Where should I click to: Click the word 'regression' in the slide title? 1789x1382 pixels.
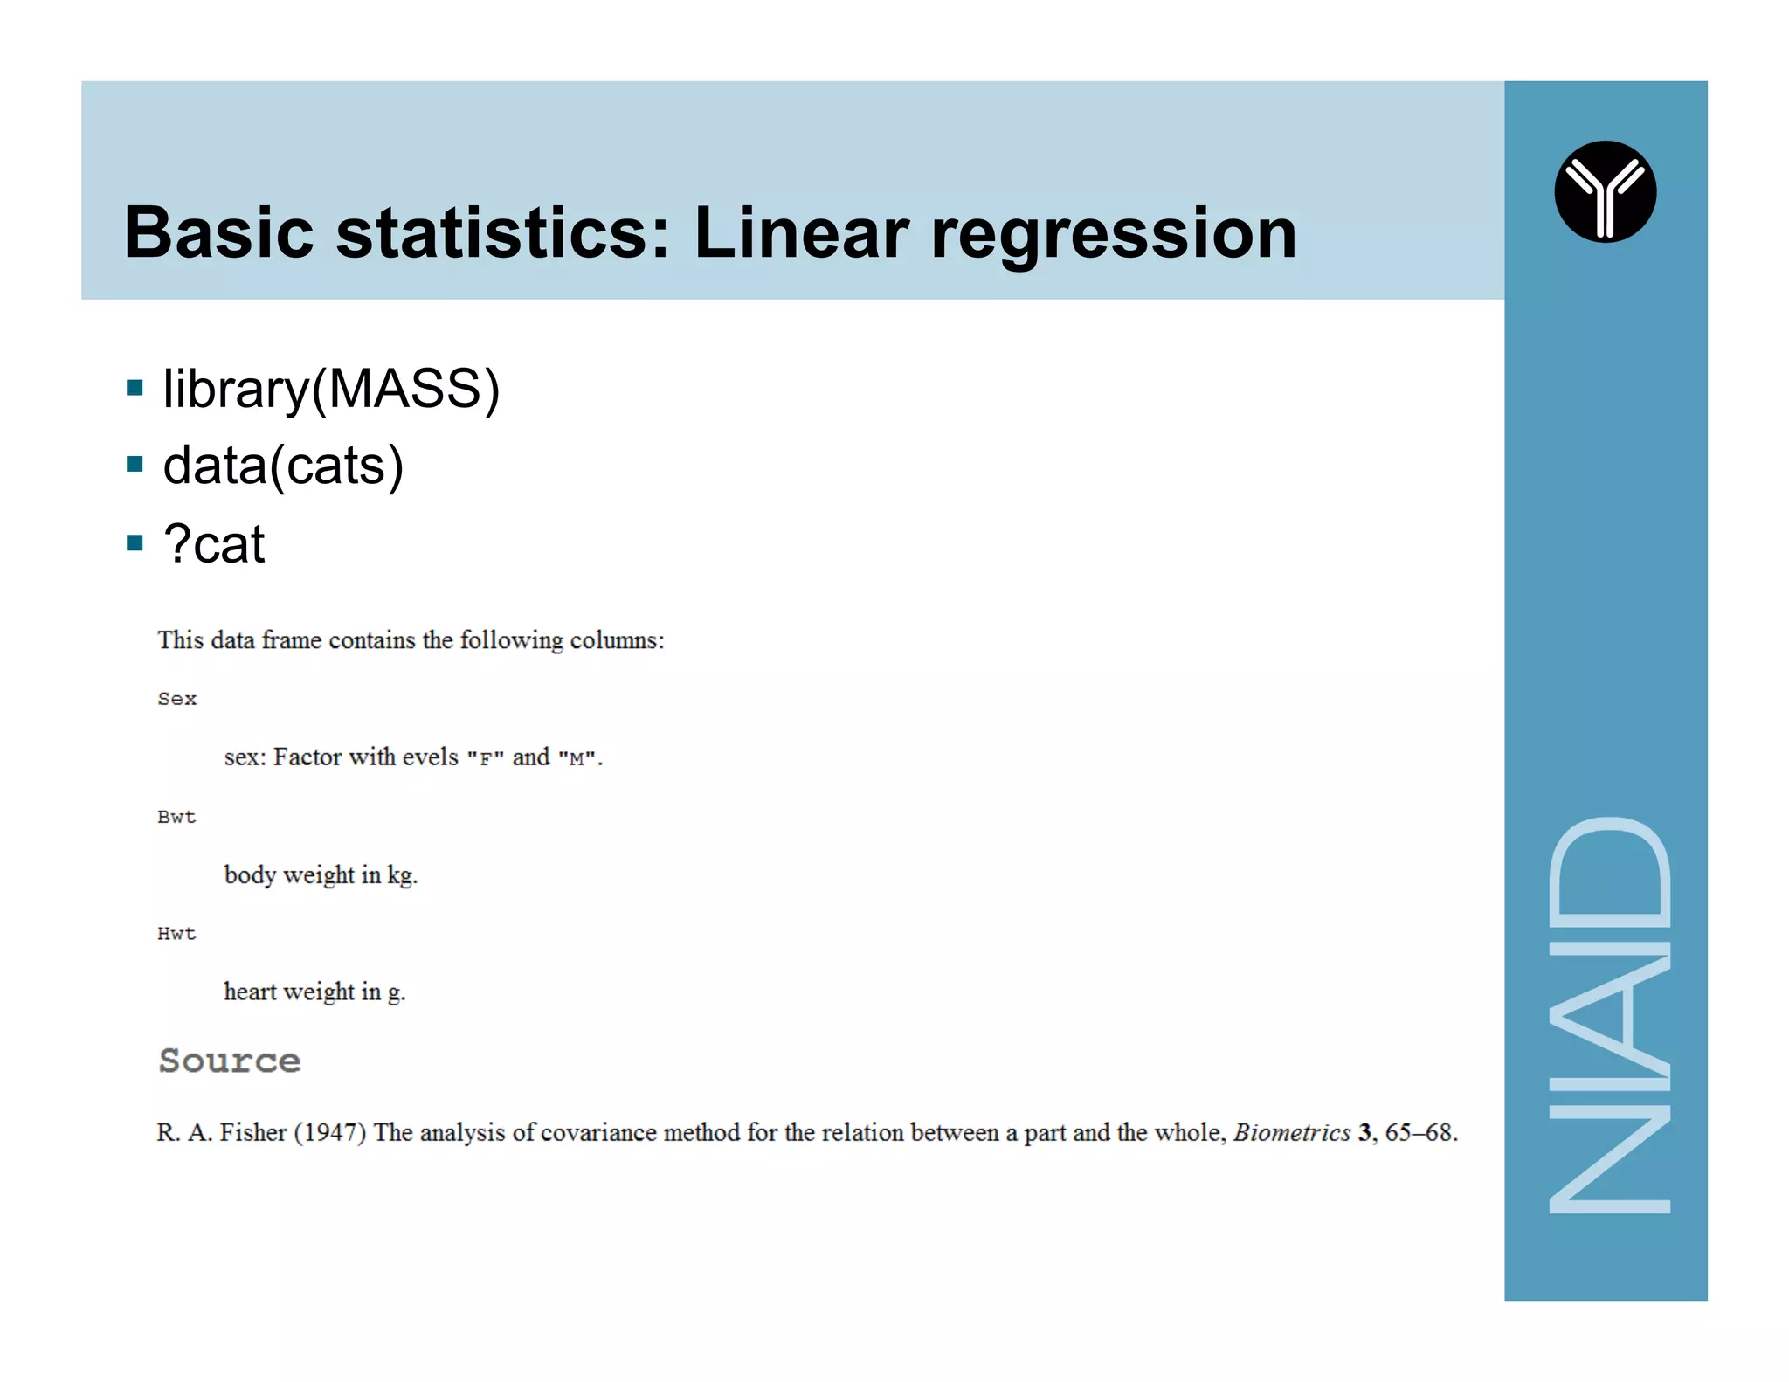(1113, 234)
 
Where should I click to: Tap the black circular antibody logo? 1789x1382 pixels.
(1605, 191)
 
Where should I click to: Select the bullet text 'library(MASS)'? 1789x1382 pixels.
(331, 389)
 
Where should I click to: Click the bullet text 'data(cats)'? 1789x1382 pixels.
(283, 466)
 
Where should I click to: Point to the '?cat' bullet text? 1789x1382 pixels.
(214, 543)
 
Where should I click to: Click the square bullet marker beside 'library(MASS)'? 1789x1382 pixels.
(135, 387)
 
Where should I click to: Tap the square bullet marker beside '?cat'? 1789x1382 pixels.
(135, 542)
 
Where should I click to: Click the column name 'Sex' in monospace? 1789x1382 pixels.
(177, 699)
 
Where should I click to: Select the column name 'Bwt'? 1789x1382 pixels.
(176, 817)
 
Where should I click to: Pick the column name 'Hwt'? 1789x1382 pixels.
(176, 934)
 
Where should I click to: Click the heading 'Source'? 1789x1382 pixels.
(230, 1061)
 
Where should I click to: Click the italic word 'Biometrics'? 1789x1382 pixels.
(1291, 1132)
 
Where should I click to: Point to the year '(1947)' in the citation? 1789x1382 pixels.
(329, 1132)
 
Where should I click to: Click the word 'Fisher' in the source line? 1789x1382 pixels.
(252, 1132)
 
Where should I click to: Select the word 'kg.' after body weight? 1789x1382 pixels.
(402, 875)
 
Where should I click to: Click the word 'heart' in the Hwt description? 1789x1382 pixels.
(250, 992)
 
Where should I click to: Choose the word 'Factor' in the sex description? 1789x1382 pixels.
(307, 757)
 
